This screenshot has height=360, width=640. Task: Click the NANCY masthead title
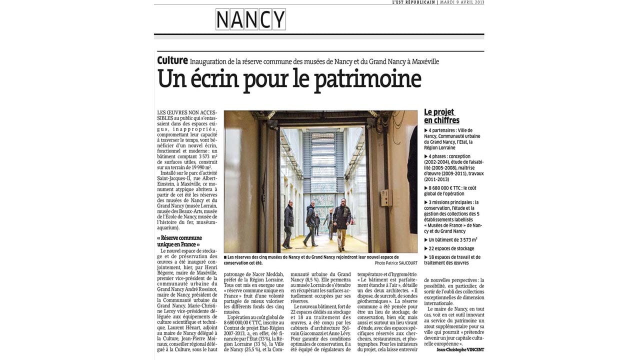point(250,20)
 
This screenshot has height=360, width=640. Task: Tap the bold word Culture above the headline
point(172,60)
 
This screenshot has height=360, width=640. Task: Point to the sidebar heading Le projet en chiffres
point(441,116)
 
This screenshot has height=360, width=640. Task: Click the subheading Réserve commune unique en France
point(179,241)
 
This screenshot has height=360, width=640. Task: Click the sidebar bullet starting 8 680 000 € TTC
point(450,191)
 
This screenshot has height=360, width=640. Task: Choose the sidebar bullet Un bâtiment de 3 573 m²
point(450,240)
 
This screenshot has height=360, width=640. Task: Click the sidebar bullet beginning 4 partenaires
point(452,139)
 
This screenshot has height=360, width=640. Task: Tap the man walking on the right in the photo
point(342,222)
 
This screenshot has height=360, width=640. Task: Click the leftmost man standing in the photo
point(288,222)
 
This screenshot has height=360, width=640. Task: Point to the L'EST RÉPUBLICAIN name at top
point(413,2)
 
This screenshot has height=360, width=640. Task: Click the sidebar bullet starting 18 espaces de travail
point(452,260)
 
